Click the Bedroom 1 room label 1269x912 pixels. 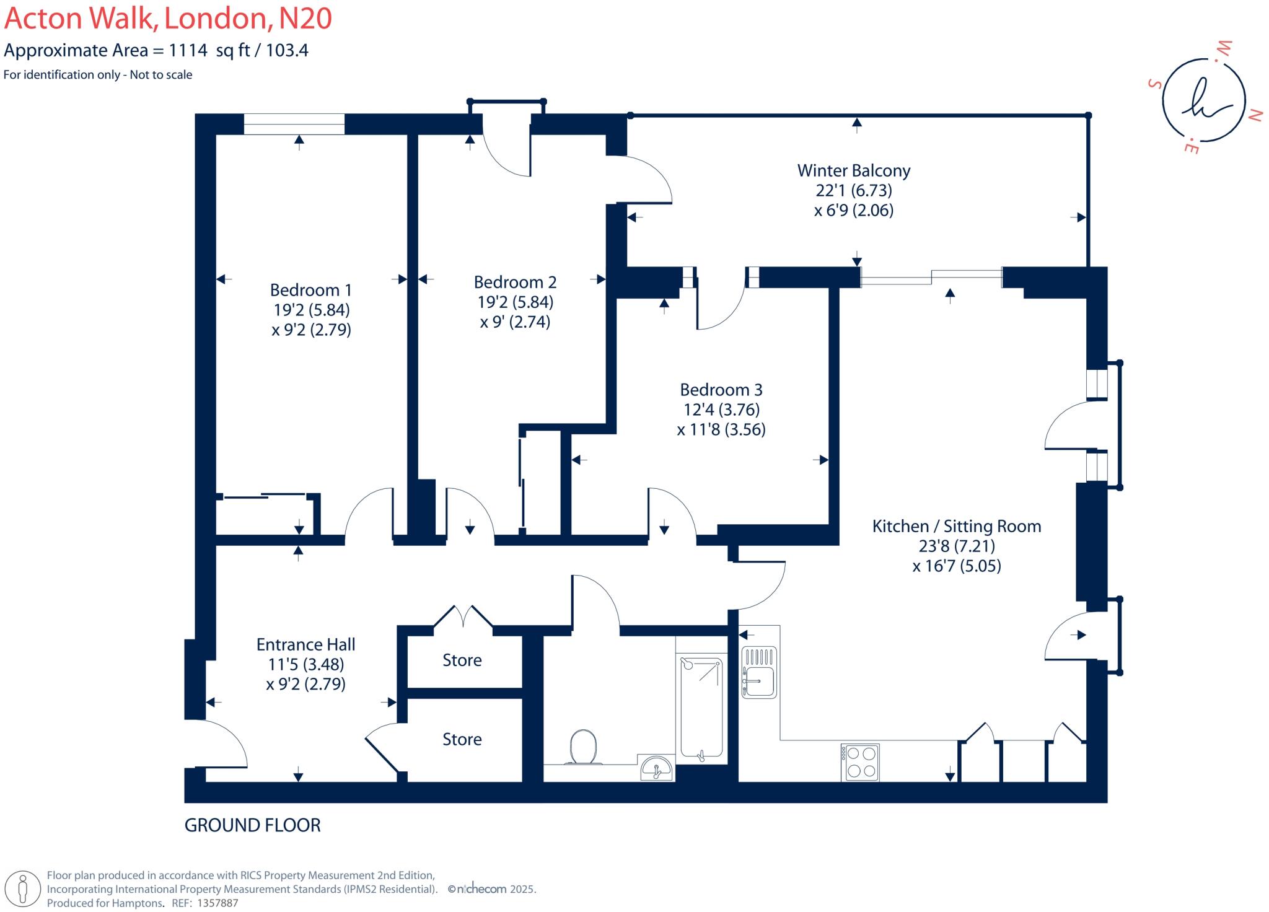(x=310, y=290)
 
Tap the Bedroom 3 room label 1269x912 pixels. (x=721, y=390)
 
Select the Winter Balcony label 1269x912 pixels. (x=853, y=170)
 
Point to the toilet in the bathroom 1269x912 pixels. (x=583, y=747)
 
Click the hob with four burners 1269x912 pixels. (x=859, y=762)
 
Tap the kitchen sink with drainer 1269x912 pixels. (x=759, y=672)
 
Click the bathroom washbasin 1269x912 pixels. (x=657, y=768)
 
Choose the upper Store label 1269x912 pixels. (x=462, y=660)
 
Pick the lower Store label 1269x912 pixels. (x=462, y=739)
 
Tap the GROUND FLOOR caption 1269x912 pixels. (x=252, y=825)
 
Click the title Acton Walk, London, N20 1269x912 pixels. (x=168, y=19)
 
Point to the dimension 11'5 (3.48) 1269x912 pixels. (x=305, y=664)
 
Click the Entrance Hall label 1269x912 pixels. (x=305, y=644)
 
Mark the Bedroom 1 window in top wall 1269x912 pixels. (x=294, y=124)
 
